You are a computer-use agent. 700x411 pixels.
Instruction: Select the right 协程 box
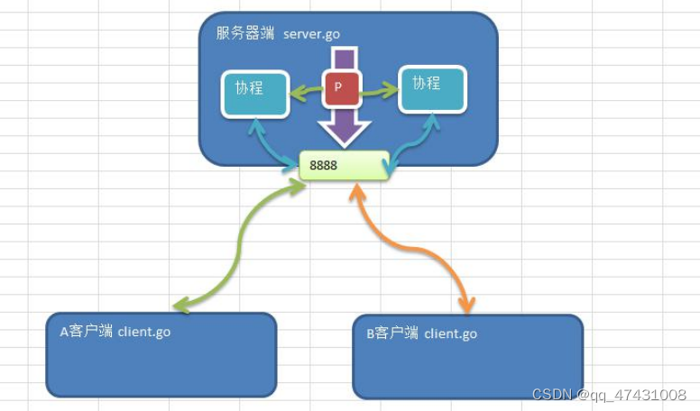433,88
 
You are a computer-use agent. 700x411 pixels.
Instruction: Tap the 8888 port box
344,166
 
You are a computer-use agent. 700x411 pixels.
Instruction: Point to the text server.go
311,34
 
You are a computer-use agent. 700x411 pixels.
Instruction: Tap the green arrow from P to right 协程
379,88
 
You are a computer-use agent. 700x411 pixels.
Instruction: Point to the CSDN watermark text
609,395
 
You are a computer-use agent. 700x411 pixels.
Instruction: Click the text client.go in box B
451,333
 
